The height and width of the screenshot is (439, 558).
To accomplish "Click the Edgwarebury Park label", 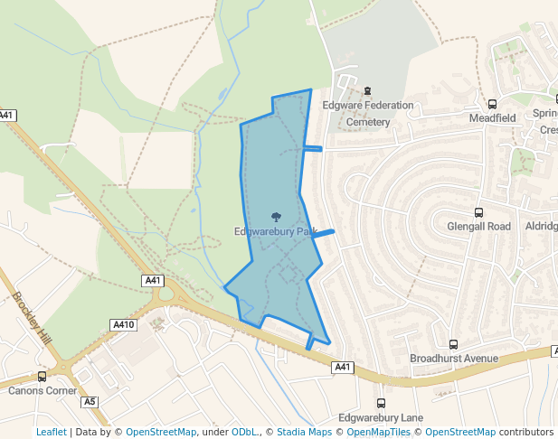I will point(275,231).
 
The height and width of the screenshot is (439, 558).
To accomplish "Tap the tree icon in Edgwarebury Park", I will point(276,216).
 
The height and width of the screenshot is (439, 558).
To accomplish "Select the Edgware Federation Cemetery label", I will point(368,113).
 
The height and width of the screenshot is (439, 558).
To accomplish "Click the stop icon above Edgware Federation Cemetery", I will point(367,89).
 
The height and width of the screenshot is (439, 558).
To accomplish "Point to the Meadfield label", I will point(492,118).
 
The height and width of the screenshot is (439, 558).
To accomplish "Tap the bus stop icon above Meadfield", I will point(493,104).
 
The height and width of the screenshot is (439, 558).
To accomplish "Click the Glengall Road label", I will point(478,227).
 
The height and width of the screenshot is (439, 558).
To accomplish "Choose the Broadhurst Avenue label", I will point(454,359).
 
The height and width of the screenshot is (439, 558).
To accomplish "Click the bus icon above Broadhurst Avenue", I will point(453,344).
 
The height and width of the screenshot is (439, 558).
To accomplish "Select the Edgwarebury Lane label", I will point(380,418).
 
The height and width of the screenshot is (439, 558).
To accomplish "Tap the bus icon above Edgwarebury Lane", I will point(380,404).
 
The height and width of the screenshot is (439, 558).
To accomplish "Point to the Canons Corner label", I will point(43,391).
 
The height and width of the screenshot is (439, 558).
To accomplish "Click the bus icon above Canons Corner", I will point(42,377).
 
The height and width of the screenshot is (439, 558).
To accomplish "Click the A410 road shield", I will point(123,324).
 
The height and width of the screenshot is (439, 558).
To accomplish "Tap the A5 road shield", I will point(89,401).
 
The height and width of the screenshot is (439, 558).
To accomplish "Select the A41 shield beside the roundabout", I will point(153,281).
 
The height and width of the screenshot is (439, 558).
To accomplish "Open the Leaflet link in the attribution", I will point(51,432).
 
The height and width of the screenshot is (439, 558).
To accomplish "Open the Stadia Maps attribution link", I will point(304,432).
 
